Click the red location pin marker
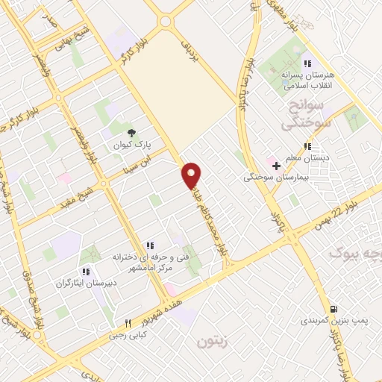click(192, 175)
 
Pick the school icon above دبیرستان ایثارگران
click(86, 272)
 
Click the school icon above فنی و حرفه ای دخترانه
click(149, 245)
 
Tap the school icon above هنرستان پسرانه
click(306, 63)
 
